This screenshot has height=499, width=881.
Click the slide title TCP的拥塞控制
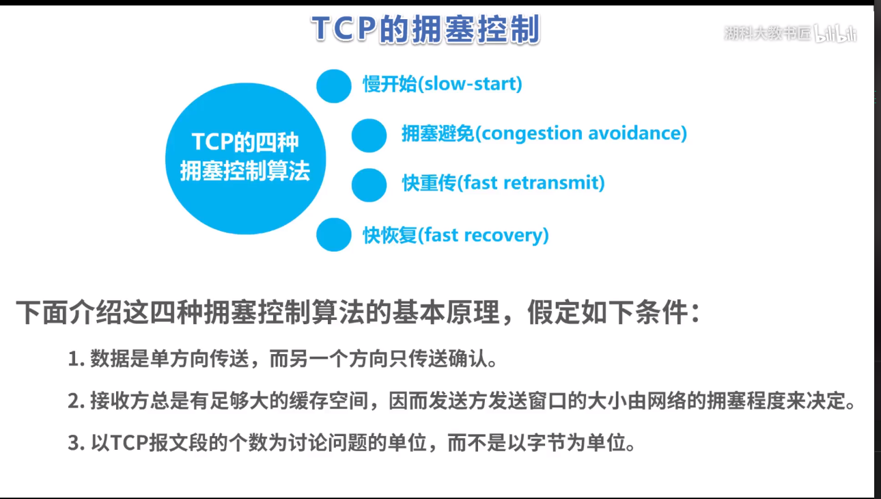point(425,29)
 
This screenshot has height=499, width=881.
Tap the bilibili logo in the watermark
point(835,34)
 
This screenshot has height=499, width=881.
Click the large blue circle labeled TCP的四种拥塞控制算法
point(245,159)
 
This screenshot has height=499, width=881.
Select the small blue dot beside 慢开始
point(333,86)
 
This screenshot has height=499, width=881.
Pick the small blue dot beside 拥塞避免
point(369,135)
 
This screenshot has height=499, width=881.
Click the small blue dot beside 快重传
point(369,185)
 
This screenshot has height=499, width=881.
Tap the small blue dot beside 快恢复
point(333,234)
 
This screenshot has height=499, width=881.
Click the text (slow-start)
point(470,84)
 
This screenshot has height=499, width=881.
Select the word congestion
point(532,134)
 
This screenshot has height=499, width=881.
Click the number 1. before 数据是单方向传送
point(76,359)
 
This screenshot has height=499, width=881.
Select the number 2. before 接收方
point(76,401)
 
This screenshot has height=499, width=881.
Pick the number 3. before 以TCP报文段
point(76,443)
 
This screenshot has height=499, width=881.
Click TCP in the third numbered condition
point(129,443)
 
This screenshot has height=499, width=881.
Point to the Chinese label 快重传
point(429,183)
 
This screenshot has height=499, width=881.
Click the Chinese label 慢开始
point(389,84)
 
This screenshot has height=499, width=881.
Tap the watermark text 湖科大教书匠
point(768,33)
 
